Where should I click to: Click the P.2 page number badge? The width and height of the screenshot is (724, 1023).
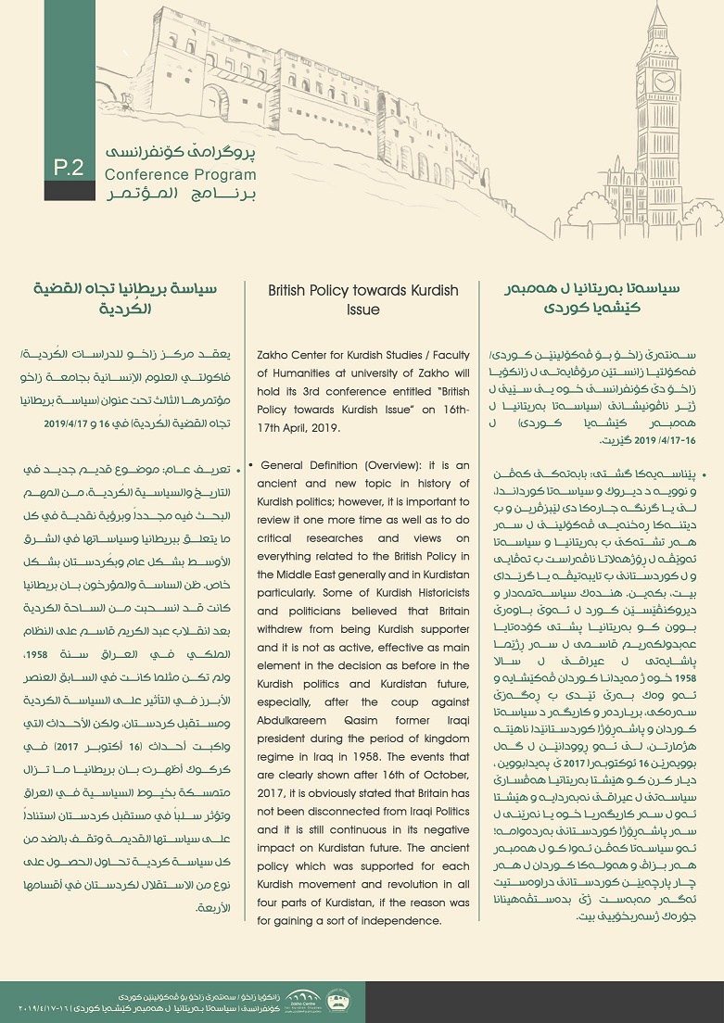(x=69, y=168)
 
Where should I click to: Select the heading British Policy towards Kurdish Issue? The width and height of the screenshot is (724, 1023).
(x=362, y=300)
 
